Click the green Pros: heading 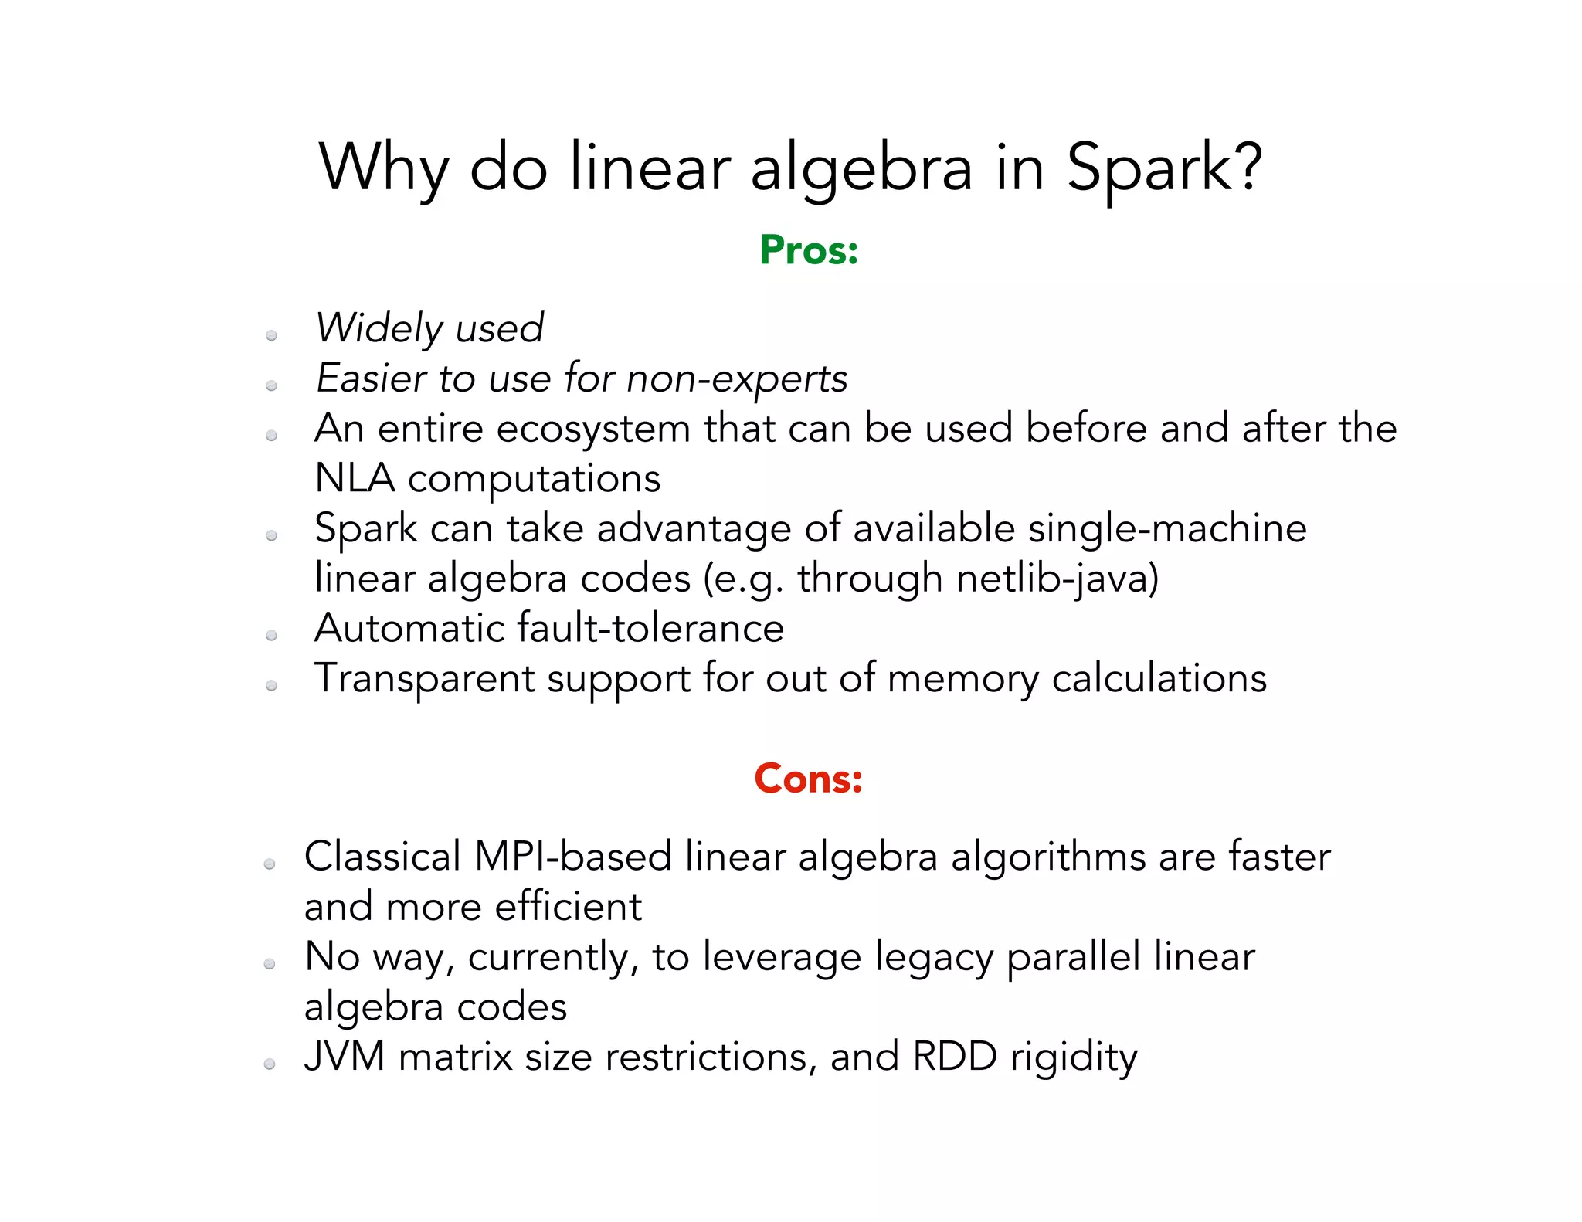point(809,250)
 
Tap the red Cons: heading point(808,779)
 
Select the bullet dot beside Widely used point(271,335)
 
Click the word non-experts point(737,379)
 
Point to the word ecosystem point(593,429)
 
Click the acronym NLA point(355,478)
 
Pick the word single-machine point(1167,528)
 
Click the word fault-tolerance point(650,628)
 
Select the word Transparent point(424,678)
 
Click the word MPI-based point(572,857)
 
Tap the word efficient point(568,907)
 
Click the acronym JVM point(345,1057)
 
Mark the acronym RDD point(955,1057)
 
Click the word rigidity point(1074,1058)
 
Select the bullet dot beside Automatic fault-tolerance point(271,636)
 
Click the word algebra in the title point(861,170)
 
